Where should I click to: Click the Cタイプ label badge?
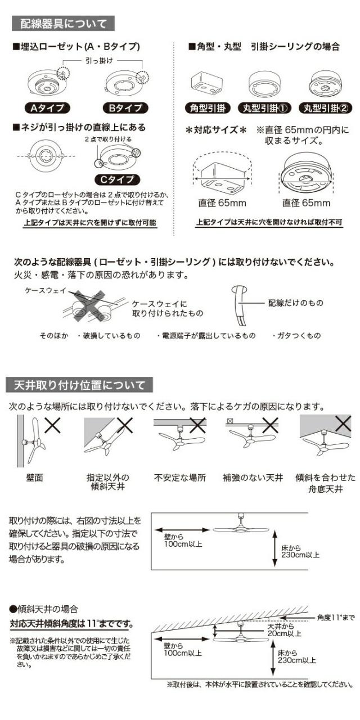(x=117, y=179)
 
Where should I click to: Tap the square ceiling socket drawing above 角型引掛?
(x=206, y=83)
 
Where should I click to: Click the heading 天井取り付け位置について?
(x=79, y=385)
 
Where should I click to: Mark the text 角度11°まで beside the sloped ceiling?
(x=336, y=618)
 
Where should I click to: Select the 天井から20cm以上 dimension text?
(x=283, y=629)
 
